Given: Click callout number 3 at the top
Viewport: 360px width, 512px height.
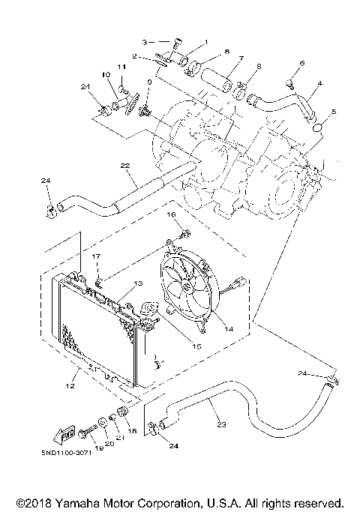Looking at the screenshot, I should pyautogui.click(x=146, y=40).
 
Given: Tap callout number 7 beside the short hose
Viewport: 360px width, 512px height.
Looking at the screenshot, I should pyautogui.click(x=241, y=58).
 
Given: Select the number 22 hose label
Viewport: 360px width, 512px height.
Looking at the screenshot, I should pyautogui.click(x=125, y=165).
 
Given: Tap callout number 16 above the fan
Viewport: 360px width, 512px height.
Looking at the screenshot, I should pyautogui.click(x=170, y=214).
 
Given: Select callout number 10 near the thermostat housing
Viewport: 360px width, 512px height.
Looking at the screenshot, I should pyautogui.click(x=106, y=75).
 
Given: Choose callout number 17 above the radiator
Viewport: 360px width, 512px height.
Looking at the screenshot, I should pyautogui.click(x=96, y=257).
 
